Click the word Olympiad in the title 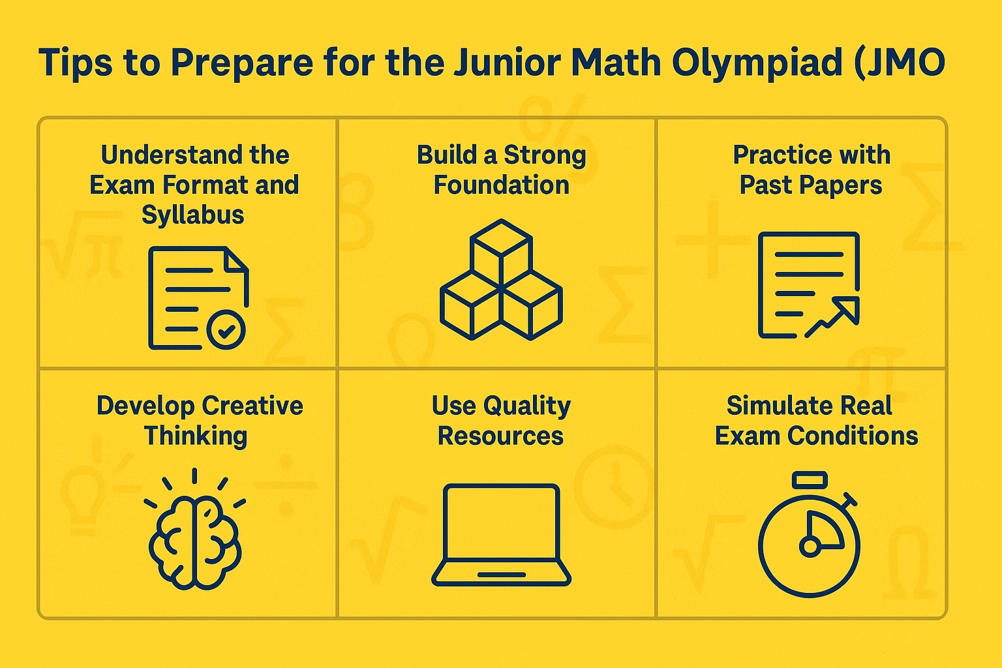757,63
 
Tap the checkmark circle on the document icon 226,330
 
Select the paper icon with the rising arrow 809,284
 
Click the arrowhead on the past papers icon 847,309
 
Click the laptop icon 501,535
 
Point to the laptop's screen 501,522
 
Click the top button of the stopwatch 810,480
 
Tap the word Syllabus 193,215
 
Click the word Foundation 501,185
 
